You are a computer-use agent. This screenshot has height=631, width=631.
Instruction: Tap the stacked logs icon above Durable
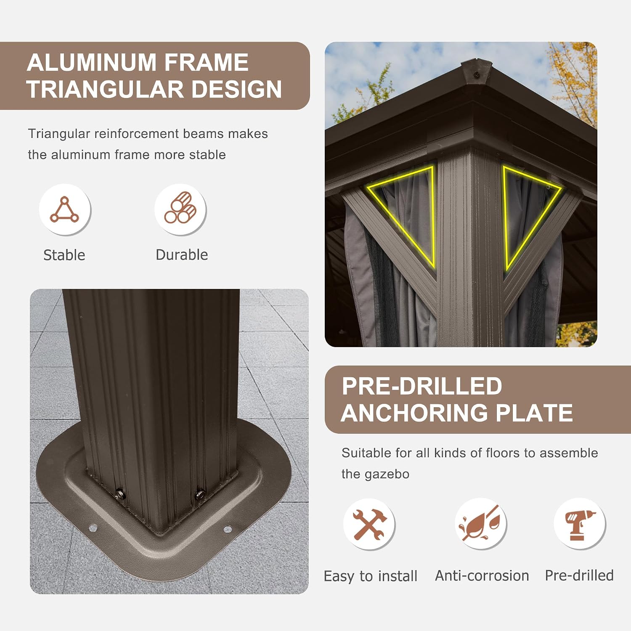click(x=180, y=208)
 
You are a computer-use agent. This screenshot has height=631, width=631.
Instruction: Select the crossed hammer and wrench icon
click(x=369, y=524)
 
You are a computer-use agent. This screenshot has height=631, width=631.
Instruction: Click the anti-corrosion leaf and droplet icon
click(x=480, y=523)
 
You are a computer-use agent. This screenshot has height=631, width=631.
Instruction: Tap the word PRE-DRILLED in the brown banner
click(x=422, y=386)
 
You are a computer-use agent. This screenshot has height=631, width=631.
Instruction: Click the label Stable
click(x=64, y=255)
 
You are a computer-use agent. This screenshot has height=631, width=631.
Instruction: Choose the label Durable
click(x=182, y=255)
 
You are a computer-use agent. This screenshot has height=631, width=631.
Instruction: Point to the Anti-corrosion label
click(x=482, y=575)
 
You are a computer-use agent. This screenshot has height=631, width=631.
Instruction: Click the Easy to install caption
click(x=371, y=576)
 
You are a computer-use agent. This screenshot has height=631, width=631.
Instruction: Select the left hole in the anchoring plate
click(x=93, y=528)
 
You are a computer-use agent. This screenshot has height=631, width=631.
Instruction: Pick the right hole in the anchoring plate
click(x=227, y=529)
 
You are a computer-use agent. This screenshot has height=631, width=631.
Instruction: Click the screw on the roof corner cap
click(x=476, y=74)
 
